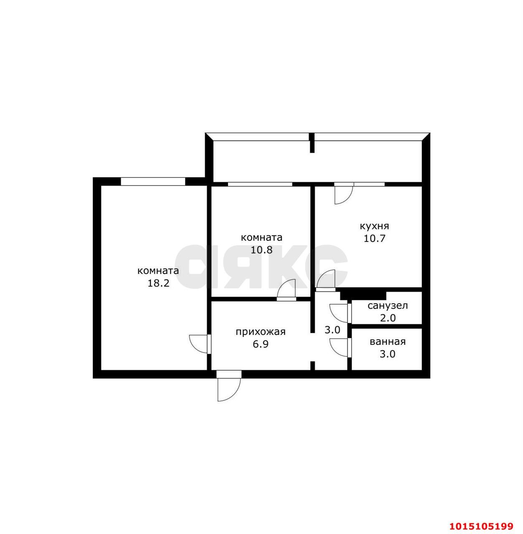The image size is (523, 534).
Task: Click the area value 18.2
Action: point(158,283)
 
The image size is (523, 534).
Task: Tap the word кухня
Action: point(374,226)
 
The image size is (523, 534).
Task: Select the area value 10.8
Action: point(261,250)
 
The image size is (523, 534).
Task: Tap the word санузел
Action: point(388,305)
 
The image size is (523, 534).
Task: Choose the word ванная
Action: point(388,342)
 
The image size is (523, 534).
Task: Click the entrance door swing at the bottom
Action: point(228,387)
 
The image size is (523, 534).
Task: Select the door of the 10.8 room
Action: point(287,290)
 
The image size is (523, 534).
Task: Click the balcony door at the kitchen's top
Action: point(343,194)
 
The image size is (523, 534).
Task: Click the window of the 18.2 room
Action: point(152,181)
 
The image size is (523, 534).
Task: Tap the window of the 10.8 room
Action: point(260,184)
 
